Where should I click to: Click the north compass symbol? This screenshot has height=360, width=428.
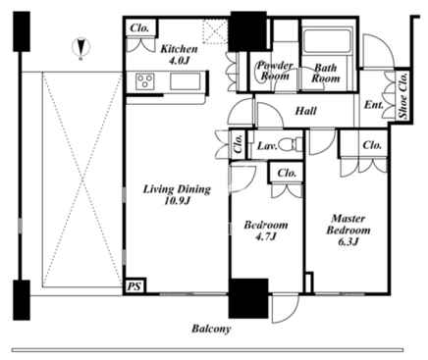point(81,48)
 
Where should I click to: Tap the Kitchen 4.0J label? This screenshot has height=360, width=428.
point(179,55)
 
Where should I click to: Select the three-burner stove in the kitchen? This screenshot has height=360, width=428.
point(145,80)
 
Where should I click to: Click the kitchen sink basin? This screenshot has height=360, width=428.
point(185,81)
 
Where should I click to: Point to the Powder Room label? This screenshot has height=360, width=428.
point(275,71)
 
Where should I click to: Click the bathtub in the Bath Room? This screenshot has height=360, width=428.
point(326,40)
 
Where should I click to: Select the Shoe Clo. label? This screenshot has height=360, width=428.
point(403,95)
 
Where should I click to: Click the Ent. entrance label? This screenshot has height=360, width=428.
point(373,105)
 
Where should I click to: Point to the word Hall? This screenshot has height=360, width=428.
point(305,111)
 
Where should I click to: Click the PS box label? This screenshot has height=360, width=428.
point(134,286)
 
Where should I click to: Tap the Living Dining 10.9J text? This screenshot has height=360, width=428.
point(177,195)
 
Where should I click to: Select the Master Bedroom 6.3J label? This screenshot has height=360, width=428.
point(348,230)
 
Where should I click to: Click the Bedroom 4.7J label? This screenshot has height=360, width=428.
point(266,231)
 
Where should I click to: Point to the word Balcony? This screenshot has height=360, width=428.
point(211,329)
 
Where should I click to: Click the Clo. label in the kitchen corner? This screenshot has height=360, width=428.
point(139,28)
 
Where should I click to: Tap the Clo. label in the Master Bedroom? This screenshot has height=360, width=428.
point(372,145)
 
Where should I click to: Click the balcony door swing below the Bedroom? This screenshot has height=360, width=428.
point(286,309)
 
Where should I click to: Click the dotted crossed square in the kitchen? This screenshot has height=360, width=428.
point(215,31)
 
